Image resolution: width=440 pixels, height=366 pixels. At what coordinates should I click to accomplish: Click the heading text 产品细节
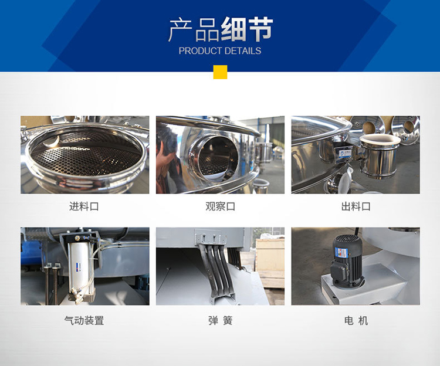221,29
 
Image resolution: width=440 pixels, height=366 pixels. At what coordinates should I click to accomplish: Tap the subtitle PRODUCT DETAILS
220,51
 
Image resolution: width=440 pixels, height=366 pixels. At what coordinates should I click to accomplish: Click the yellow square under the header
220,72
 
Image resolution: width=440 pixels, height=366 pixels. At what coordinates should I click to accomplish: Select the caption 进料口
84,206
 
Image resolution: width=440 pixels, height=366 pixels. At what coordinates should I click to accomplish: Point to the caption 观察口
220,206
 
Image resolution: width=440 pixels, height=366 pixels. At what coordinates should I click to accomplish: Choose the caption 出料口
356,206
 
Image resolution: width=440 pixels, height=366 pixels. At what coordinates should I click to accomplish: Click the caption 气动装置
84,321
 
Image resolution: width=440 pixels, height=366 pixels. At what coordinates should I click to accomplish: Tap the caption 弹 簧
220,321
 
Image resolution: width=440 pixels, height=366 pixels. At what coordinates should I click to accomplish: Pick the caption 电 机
356,321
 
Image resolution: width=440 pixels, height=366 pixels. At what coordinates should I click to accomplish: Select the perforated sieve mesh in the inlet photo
82,154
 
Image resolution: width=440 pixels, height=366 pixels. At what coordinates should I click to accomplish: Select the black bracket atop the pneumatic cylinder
79,238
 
